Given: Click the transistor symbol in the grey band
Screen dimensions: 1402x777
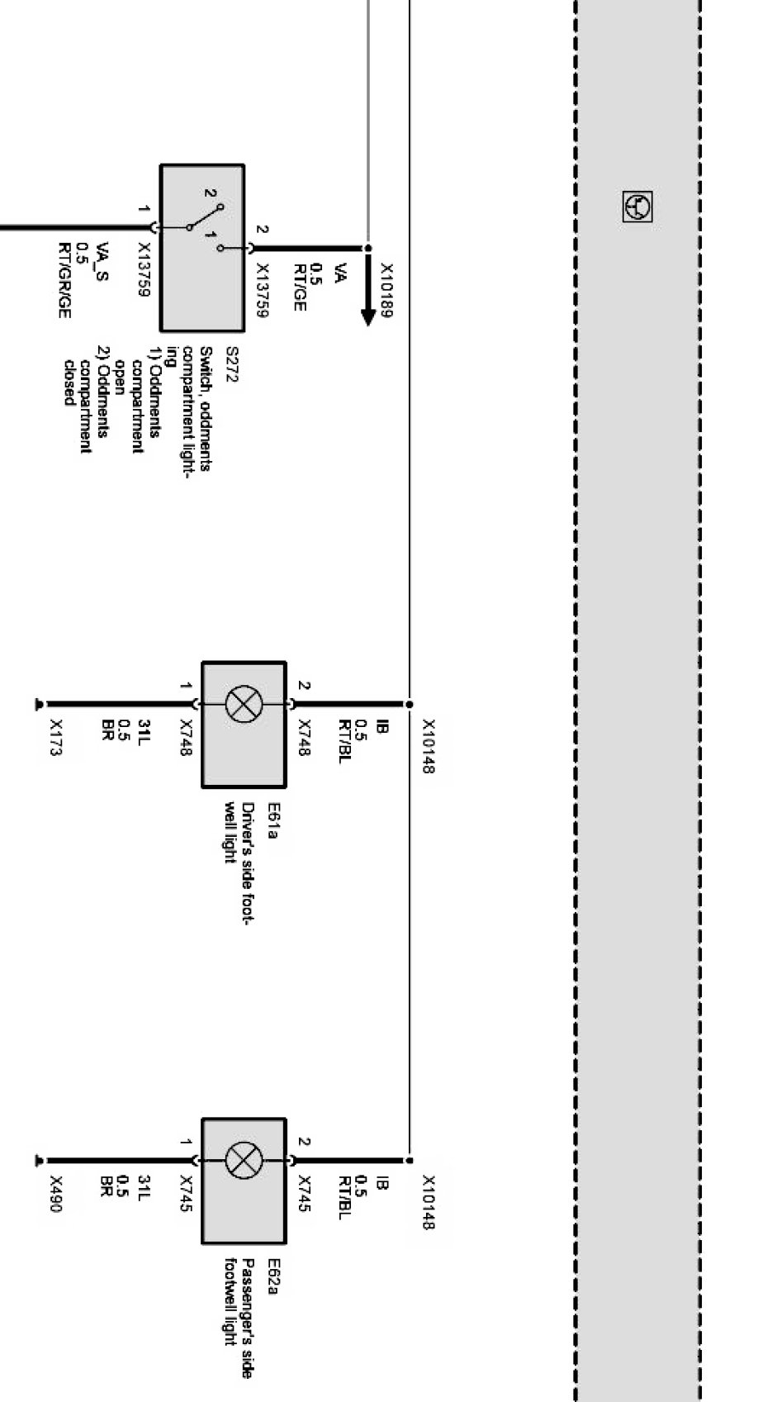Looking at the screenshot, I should point(637,207).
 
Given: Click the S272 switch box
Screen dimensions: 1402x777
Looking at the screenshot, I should point(202,248).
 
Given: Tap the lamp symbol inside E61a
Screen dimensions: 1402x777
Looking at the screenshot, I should point(243,705).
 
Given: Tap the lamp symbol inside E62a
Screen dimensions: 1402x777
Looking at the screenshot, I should point(243,1161).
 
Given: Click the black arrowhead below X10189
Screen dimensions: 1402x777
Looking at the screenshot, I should point(368,317).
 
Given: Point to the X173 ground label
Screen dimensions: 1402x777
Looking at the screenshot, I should point(56,738).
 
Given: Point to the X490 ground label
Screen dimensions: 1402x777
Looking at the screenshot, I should point(56,1195).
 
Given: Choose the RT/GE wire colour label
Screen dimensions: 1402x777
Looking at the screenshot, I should point(299,288).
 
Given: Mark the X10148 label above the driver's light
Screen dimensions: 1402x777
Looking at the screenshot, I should point(429,746).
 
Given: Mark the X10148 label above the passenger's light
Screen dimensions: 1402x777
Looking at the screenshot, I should point(429,1203).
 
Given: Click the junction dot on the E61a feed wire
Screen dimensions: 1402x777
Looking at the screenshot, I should point(409,704).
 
